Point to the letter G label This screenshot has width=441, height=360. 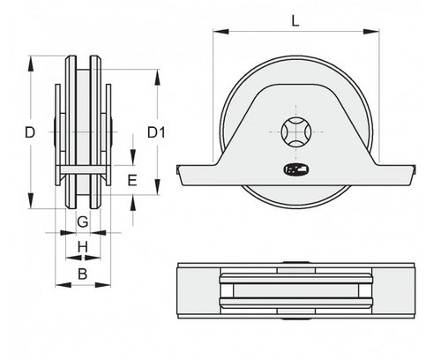click(82, 220)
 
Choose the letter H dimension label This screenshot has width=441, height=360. click(82, 246)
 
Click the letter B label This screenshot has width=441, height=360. click(82, 274)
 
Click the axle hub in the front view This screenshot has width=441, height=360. click(293, 133)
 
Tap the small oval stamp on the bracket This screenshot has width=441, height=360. click(293, 169)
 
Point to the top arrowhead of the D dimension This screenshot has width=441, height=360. click(33, 61)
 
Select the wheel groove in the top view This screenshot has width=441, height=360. click(293, 293)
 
